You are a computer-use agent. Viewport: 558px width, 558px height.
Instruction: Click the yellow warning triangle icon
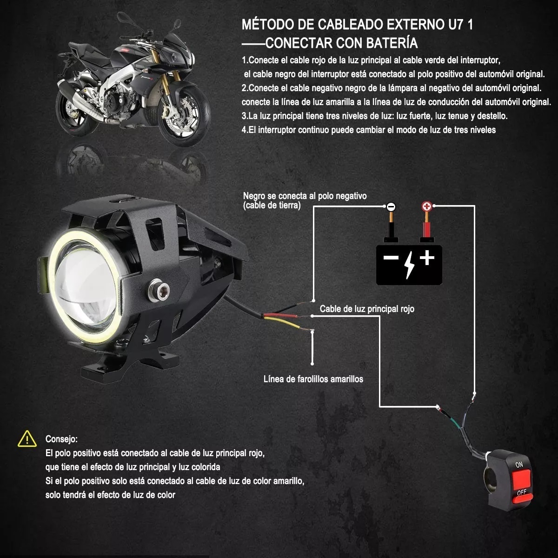[x=27, y=438]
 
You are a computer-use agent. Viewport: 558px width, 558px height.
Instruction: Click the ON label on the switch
[x=519, y=465]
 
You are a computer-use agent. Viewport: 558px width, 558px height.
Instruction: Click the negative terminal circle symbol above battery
[x=391, y=206]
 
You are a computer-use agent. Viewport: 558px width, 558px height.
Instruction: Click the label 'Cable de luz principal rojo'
[x=367, y=309]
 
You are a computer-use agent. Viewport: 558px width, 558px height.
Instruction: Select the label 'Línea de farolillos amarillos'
[x=313, y=379]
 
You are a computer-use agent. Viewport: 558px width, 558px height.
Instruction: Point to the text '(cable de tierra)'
[x=272, y=205]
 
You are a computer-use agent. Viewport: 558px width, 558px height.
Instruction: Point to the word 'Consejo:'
[x=61, y=439]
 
